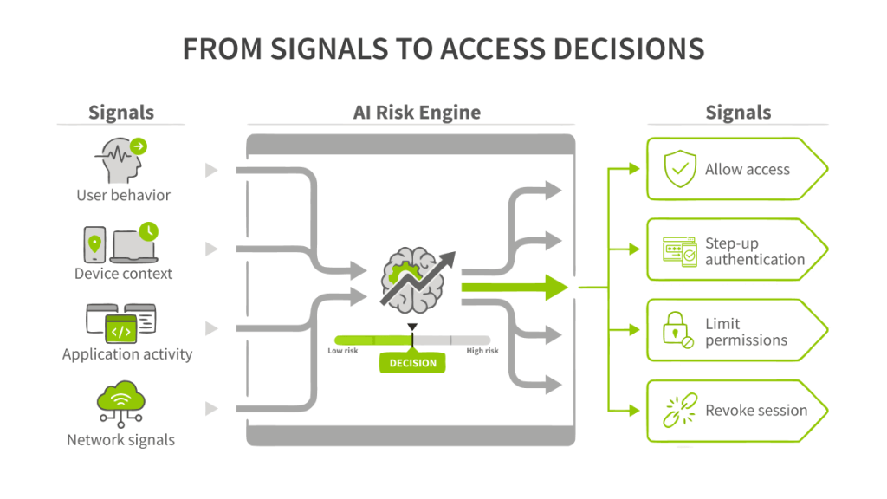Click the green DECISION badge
(412, 363)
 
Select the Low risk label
(343, 351)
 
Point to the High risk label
(482, 351)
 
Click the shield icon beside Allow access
(680, 169)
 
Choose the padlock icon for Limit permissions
(677, 330)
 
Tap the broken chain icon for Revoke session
(680, 410)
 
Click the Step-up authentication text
(754, 251)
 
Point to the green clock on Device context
(149, 231)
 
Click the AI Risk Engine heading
(417, 113)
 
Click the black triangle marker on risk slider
(412, 327)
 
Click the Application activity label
(127, 354)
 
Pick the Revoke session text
(756, 410)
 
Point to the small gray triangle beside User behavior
(211, 170)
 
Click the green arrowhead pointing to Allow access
(634, 169)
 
